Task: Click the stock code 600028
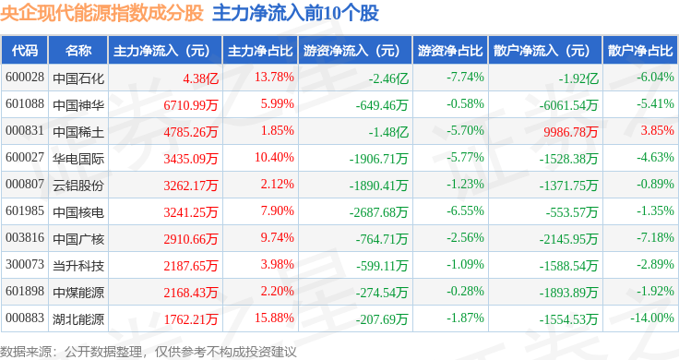point(25,78)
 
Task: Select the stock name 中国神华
point(78,105)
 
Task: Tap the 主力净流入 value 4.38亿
point(200,78)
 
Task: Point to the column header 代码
point(25,50)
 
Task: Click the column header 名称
point(78,50)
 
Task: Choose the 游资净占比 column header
point(450,50)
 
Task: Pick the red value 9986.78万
point(570,132)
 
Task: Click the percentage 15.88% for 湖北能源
point(274,318)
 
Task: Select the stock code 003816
point(25,238)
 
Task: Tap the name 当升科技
point(78,266)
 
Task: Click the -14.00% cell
point(651,318)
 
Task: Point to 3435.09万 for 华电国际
point(191,159)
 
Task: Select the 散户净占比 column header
point(640,50)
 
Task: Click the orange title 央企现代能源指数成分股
point(101,13)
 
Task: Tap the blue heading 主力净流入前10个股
point(296,13)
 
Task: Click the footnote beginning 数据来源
point(149,352)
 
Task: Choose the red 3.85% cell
point(658,130)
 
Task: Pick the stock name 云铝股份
point(78,186)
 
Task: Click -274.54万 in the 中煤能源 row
point(382,293)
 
